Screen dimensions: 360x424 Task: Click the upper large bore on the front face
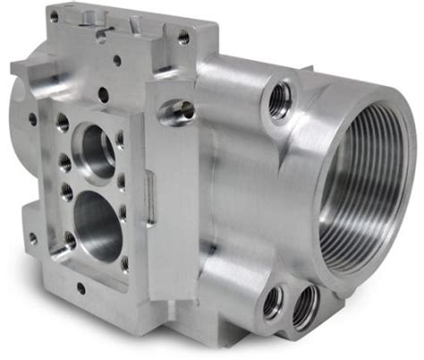(x=97, y=148)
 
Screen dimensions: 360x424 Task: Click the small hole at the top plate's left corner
(x=55, y=15)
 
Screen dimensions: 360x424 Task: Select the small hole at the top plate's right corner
(x=182, y=37)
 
